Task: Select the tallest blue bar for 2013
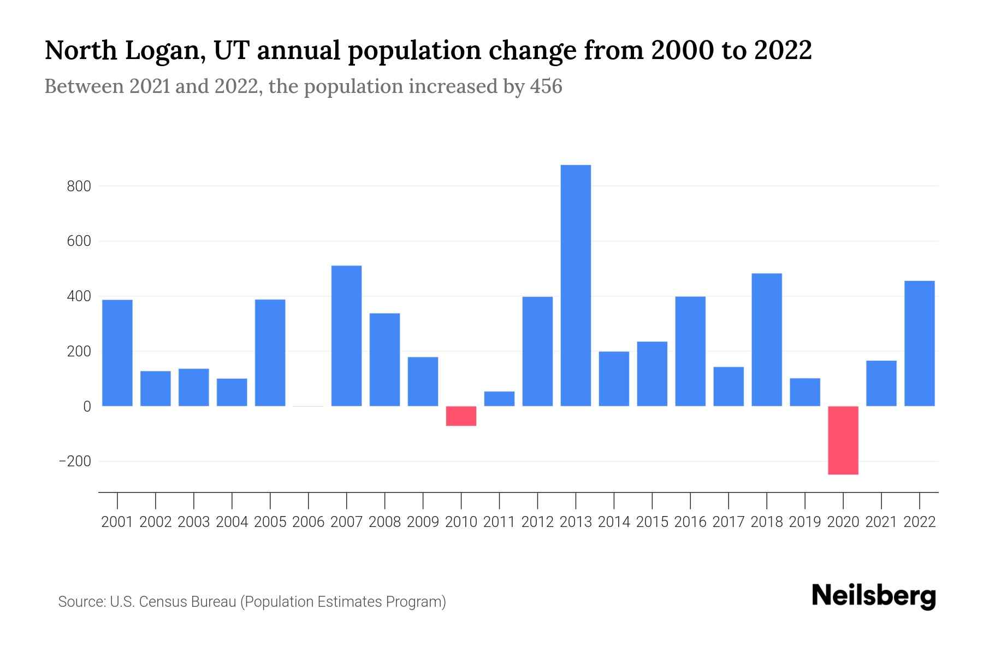coord(576,285)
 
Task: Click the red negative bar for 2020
coord(843,440)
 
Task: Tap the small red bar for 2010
coord(461,416)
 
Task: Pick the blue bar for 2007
coord(346,336)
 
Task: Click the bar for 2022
coord(920,343)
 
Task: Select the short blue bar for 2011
coord(499,399)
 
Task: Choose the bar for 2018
coord(767,339)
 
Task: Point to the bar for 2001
coord(117,353)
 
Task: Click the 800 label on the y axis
coord(79,186)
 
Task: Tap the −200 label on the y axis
coord(75,461)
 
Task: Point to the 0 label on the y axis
coord(87,407)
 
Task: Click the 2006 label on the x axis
coord(309,522)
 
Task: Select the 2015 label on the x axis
coord(652,522)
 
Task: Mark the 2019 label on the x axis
coord(805,522)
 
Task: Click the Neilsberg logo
coord(874,596)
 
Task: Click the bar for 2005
coord(270,353)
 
